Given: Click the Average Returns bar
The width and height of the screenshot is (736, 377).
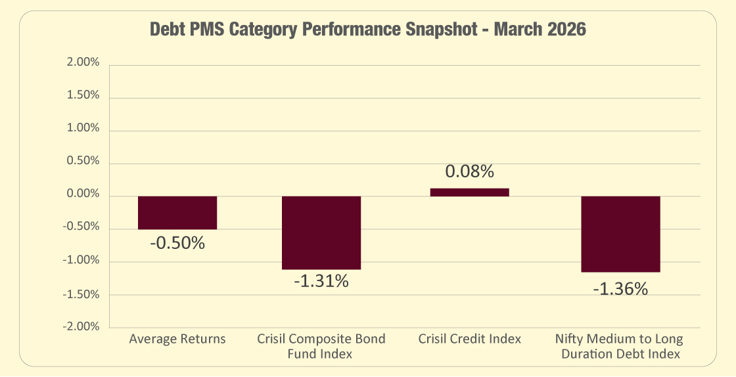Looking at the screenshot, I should point(177,213).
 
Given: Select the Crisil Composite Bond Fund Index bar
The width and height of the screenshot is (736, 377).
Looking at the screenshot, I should point(321,233).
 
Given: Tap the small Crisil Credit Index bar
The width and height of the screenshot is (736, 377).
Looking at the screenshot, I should point(469,192).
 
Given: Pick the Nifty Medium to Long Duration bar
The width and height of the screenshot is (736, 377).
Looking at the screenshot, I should point(620,234).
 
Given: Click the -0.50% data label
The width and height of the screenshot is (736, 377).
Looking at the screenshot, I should point(177,243).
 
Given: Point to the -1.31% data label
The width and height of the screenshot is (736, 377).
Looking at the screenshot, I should point(321,282).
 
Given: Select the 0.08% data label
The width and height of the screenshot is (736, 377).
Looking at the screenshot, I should point(469,172).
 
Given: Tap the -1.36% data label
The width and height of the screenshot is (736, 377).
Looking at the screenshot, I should point(620,288).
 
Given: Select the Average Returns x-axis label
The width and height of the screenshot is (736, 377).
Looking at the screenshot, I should point(177,340).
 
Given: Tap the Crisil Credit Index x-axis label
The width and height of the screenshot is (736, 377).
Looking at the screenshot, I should point(469,340).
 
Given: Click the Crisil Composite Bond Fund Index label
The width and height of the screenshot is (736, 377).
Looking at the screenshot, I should point(321,346).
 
